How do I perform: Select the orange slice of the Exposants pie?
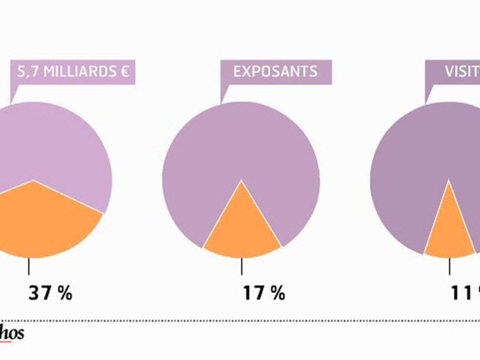tap(242, 230)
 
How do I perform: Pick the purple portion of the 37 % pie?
tap(50, 145)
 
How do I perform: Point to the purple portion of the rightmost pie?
tap(425, 150)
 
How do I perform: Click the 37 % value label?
tap(50, 293)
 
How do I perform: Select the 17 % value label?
tap(263, 293)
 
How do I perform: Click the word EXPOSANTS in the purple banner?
tap(275, 71)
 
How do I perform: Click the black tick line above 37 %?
tap(29, 266)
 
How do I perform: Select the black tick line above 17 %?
tap(242, 266)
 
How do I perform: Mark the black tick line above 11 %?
tap(449, 266)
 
